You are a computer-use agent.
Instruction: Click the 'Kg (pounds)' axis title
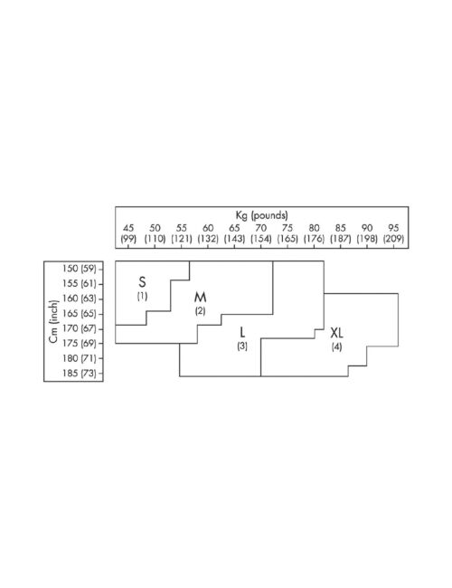click(261, 215)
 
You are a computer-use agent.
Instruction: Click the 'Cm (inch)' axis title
click(54, 321)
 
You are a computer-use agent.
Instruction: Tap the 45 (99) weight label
click(128, 233)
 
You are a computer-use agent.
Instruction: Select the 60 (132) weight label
click(208, 233)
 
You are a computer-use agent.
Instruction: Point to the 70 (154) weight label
click(261, 233)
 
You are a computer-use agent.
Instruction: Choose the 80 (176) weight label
click(314, 233)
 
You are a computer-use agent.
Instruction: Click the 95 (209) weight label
click(393, 233)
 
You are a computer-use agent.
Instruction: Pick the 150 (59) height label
click(79, 269)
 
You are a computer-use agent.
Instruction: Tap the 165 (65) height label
click(79, 314)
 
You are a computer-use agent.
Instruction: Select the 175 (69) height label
click(79, 343)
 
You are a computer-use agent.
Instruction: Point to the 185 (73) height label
click(79, 373)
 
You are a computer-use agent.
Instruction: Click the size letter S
click(142, 281)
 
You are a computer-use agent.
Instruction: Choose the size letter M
click(200, 298)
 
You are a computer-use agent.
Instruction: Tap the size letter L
click(242, 332)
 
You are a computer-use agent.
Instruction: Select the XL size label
click(336, 333)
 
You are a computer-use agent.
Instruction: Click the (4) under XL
click(336, 346)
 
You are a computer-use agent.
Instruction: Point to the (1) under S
click(142, 296)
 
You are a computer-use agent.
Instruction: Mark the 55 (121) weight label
click(182, 233)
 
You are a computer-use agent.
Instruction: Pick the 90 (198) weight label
click(366, 233)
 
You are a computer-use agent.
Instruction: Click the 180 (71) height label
click(79, 358)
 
